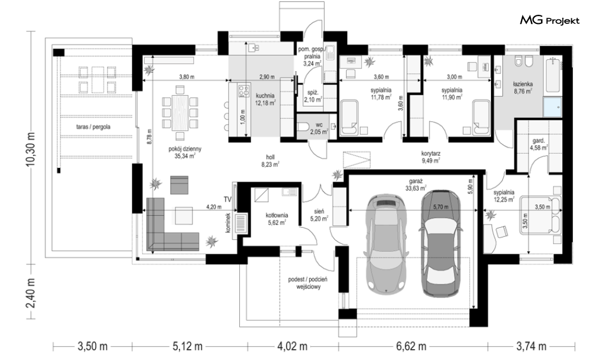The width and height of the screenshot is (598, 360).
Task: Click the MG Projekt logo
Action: (550, 21)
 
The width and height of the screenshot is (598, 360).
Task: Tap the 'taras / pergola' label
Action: (93, 127)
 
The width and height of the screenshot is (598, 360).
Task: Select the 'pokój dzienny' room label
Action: (185, 149)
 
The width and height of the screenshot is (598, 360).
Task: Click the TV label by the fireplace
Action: (228, 199)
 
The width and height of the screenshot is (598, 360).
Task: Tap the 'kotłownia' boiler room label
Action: (276, 215)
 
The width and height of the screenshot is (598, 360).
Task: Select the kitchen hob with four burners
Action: (244, 91)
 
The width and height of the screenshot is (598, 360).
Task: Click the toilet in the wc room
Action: (304, 127)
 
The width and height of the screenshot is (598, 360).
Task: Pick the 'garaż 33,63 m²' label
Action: (415, 185)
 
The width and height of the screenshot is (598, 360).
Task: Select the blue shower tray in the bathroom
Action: (552, 107)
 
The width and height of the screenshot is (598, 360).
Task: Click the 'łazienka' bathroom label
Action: (522, 84)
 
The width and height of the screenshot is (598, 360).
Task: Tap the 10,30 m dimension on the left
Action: (31, 149)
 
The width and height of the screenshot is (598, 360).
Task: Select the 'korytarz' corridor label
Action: (431, 154)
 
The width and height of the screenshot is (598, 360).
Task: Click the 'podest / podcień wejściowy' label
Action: (308, 283)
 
